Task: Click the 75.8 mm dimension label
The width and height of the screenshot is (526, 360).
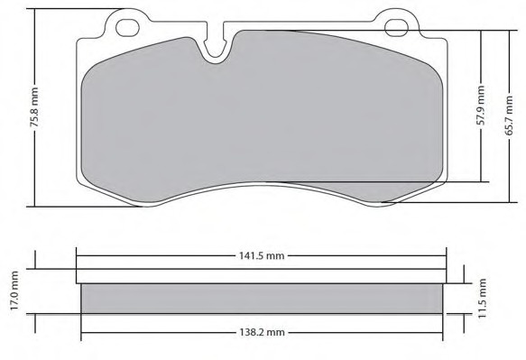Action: (34, 107)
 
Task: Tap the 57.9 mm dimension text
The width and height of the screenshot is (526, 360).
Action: (481, 106)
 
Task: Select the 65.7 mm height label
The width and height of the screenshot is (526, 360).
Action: (509, 115)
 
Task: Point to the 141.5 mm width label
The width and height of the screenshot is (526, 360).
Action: (262, 256)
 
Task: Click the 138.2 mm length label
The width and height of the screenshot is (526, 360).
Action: (262, 333)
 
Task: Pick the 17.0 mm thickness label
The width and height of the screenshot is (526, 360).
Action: (14, 291)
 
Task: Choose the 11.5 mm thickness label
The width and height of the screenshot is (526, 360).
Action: (482, 299)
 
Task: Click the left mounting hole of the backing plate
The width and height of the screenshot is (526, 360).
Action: (127, 27)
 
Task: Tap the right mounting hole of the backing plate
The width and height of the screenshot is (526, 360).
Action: (396, 27)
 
